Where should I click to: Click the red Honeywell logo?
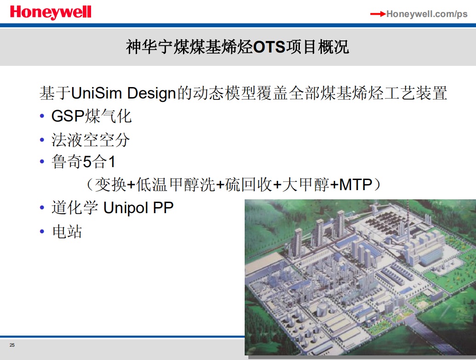(51, 13)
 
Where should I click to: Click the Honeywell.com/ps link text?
(427, 14)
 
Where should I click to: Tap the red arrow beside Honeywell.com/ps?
(378, 14)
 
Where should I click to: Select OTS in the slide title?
(269, 47)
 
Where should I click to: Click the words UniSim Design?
(124, 93)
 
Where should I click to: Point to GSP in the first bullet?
(68, 116)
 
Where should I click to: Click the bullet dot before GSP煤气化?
(42, 116)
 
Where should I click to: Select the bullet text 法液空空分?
(91, 140)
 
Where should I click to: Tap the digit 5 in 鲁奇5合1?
(87, 162)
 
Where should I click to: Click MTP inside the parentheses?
(356, 185)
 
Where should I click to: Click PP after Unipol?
(163, 208)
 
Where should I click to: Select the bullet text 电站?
(67, 232)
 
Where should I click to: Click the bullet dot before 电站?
(42, 232)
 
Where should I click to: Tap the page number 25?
(12, 345)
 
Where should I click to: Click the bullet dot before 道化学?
(42, 208)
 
